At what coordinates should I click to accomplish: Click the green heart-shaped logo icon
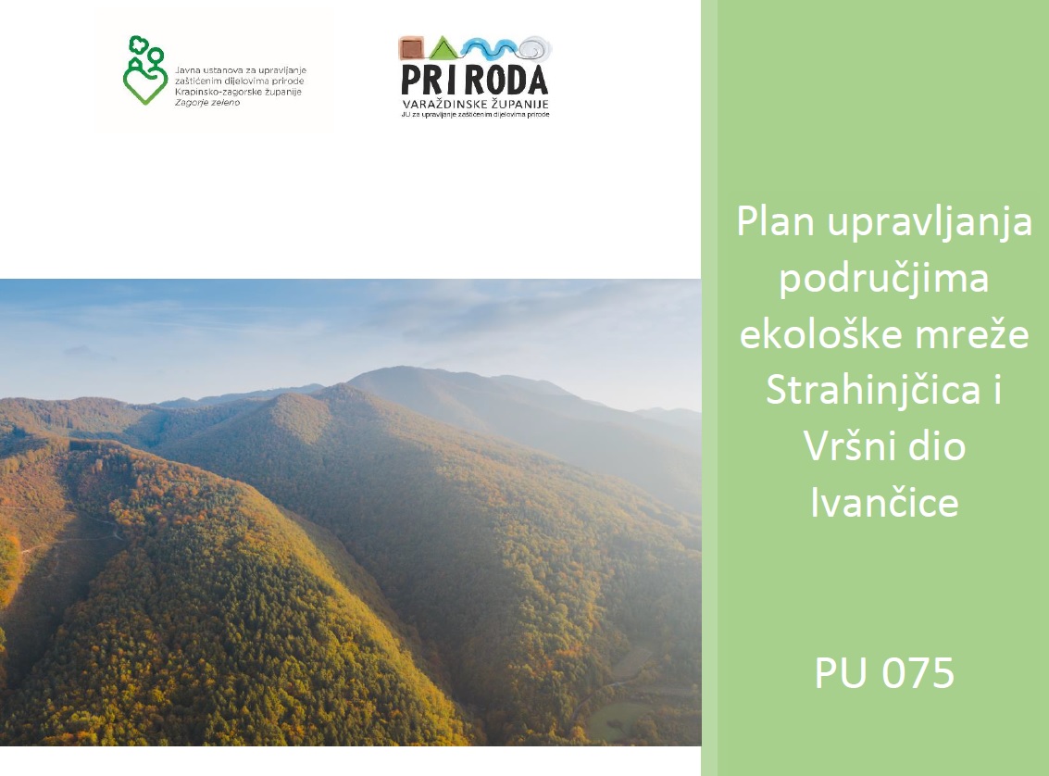(x=145, y=70)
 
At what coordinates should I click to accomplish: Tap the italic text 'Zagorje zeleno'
(x=207, y=103)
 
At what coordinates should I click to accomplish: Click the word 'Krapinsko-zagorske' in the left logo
(x=213, y=92)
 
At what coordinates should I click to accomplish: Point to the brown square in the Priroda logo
(x=411, y=48)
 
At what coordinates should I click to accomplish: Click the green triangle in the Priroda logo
(x=443, y=48)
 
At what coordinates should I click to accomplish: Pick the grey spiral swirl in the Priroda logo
(x=535, y=48)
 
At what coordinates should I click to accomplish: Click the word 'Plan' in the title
(x=775, y=221)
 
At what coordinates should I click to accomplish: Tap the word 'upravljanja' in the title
(x=930, y=223)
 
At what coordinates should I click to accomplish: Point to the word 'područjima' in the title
(x=884, y=279)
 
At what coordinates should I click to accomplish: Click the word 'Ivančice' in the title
(x=884, y=503)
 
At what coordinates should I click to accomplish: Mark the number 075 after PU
(x=918, y=673)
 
